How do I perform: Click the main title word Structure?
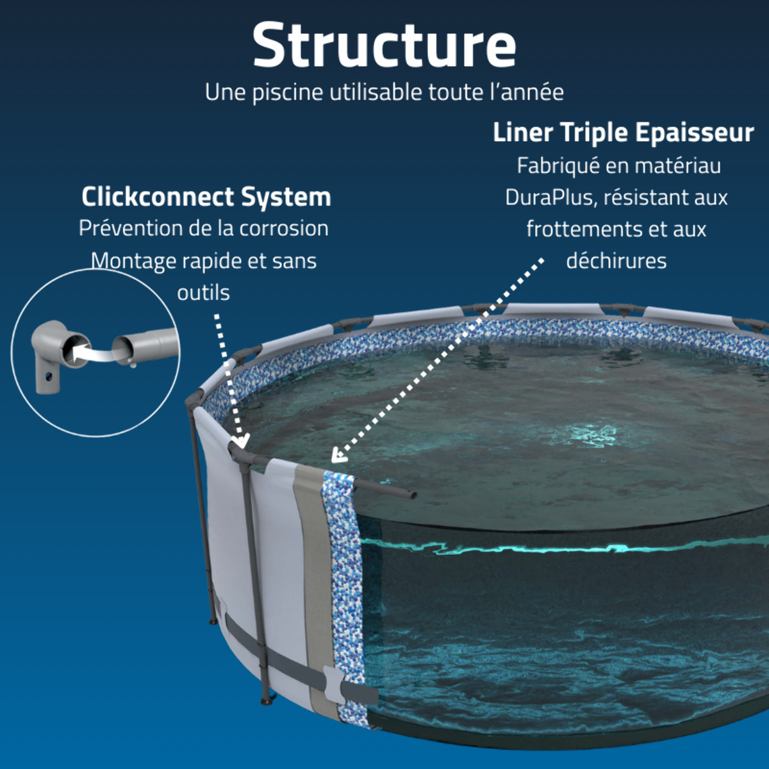click(384, 45)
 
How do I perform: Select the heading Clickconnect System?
click(206, 197)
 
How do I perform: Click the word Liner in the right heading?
click(523, 133)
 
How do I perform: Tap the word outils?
click(203, 293)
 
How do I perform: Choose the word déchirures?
click(616, 261)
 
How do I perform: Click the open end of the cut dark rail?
click(412, 495)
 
